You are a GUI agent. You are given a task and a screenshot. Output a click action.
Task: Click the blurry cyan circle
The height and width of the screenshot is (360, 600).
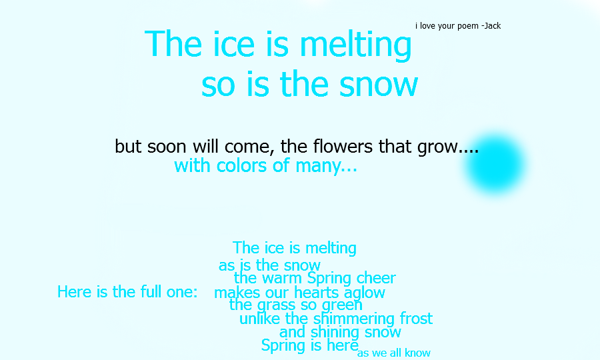point(495,164)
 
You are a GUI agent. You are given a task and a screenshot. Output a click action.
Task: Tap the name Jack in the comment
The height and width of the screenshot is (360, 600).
point(493,25)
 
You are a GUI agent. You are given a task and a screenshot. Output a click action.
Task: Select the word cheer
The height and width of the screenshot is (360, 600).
point(376,278)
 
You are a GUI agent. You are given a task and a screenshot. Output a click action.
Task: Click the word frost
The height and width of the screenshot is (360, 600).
point(416,318)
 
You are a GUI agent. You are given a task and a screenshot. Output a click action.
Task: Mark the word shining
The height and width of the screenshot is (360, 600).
point(335,333)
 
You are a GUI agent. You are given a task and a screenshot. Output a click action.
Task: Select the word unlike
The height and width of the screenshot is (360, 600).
point(260,319)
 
